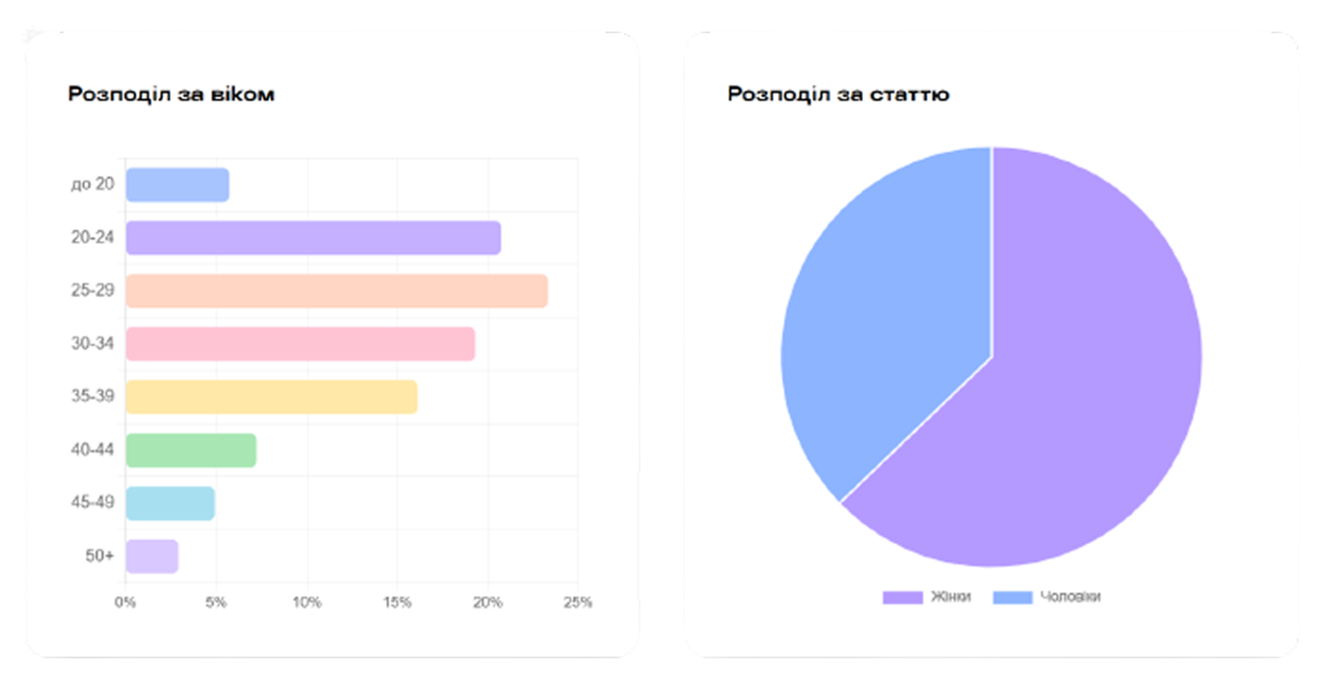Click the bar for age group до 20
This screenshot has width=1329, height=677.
click(178, 185)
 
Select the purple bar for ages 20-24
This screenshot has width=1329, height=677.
click(313, 238)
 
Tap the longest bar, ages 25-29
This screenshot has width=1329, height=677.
click(336, 291)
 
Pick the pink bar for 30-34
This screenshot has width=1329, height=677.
click(301, 344)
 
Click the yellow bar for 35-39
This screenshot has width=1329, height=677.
click(271, 397)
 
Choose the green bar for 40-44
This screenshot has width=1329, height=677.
click(191, 450)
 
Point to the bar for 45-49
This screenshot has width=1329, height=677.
click(170, 504)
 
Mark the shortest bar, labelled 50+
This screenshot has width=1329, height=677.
click(152, 557)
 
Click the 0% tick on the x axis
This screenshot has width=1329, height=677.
click(125, 603)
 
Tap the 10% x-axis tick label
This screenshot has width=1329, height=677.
click(306, 603)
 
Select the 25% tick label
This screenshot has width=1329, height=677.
click(577, 603)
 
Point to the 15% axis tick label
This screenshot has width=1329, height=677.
click(397, 603)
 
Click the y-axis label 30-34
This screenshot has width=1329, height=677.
click(92, 343)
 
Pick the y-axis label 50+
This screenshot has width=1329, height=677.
click(99, 555)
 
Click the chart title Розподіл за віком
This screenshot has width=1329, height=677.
click(171, 94)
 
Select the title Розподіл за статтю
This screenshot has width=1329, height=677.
click(838, 94)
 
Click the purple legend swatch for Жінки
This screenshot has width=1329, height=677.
click(902, 597)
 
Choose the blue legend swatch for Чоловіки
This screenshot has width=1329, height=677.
click(1012, 597)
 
